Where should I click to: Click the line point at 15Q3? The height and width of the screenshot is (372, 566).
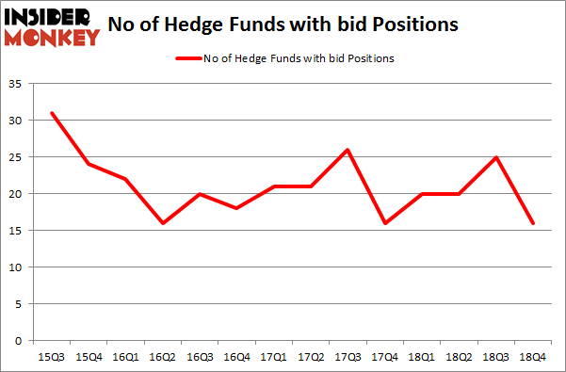point(53,113)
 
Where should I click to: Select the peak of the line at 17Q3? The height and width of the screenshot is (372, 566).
point(348,150)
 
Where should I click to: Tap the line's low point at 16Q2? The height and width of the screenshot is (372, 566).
point(164,223)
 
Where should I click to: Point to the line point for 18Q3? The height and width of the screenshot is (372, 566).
point(496,157)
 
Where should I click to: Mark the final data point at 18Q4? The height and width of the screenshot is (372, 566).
point(533,223)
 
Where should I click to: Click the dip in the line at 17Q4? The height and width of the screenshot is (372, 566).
point(385,223)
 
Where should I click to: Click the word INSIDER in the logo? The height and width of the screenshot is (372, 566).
point(52,18)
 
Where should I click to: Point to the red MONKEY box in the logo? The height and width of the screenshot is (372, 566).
point(52,38)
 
